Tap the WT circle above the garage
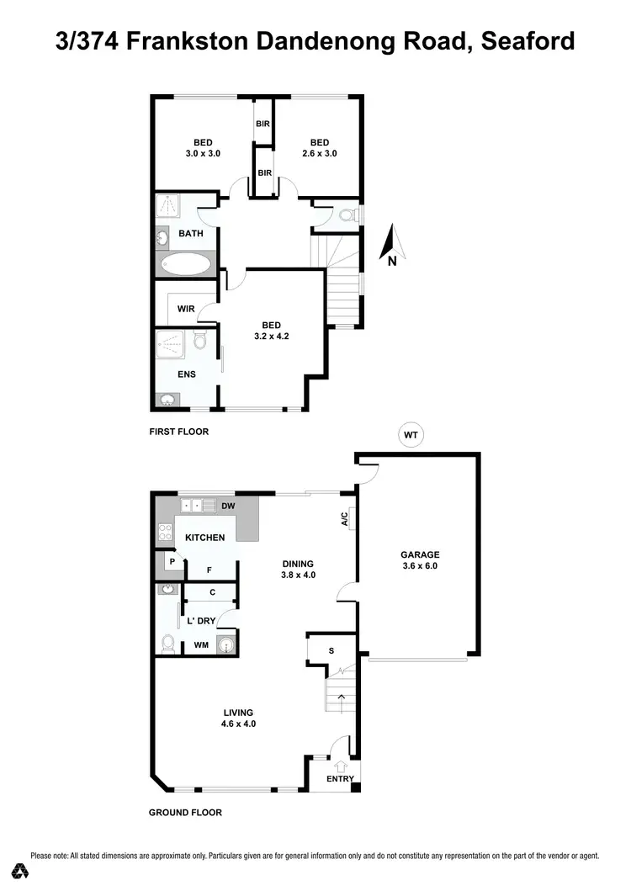pos(411,435)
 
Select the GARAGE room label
pos(421,554)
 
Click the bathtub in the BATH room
pos(186,264)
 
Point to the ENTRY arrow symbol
pos(340,766)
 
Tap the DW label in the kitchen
pos(227,506)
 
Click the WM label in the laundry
pos(201,645)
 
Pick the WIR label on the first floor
pos(186,309)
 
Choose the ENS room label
pos(186,374)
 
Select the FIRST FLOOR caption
pos(178,432)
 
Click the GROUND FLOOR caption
pos(185,813)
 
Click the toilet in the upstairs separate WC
pos(346,216)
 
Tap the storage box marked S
pos(331,649)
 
